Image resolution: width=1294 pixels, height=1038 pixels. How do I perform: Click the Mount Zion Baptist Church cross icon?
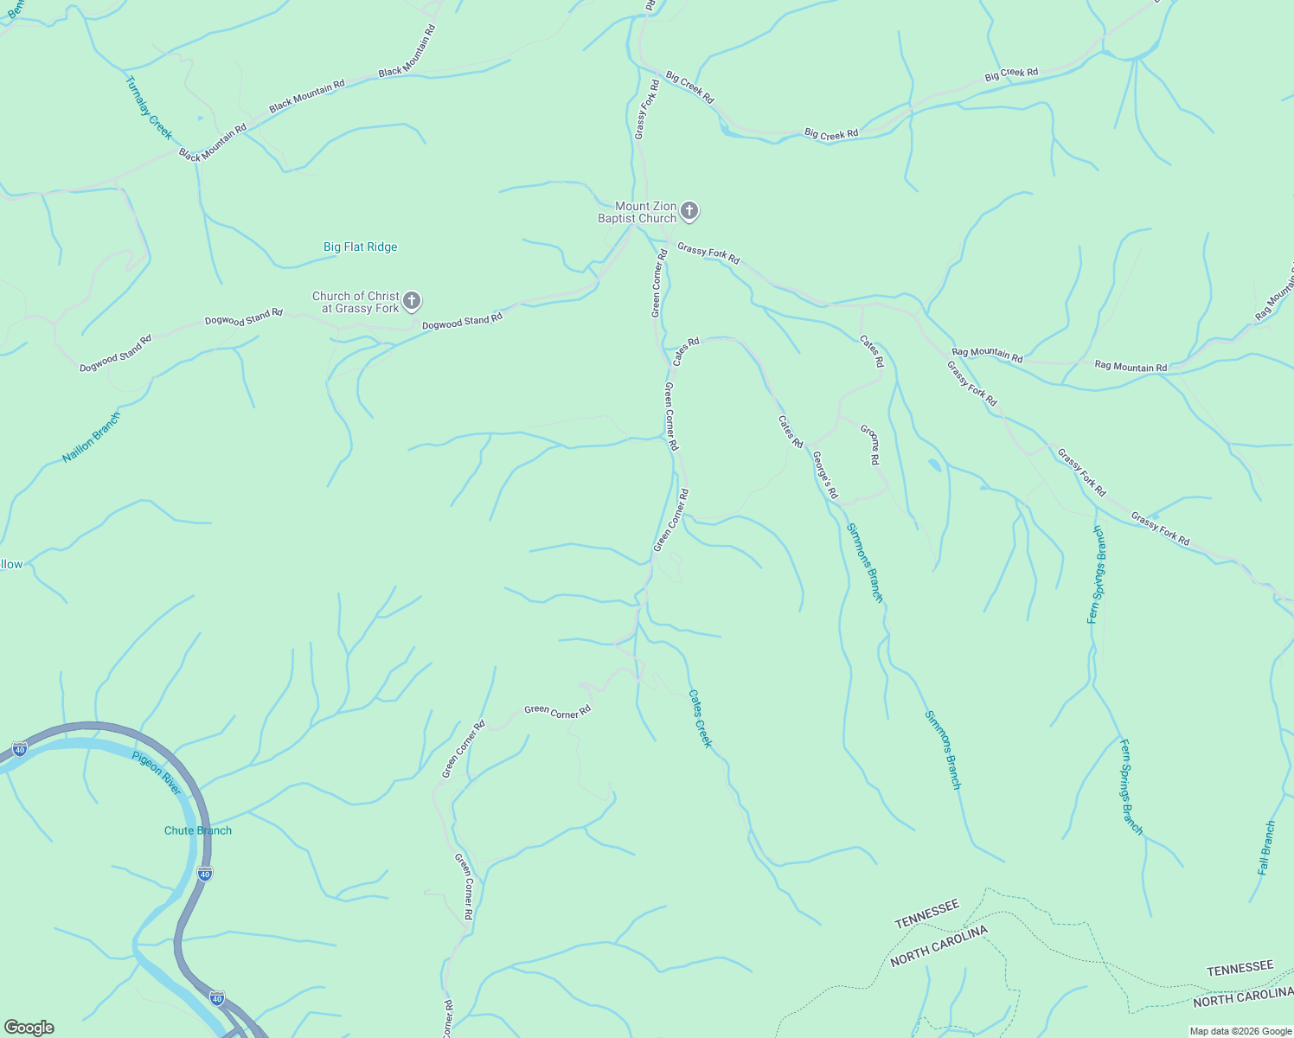click(689, 210)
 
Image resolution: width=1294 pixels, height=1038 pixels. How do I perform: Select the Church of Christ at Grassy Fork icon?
click(413, 301)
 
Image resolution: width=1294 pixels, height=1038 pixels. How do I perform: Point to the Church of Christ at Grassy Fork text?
click(356, 302)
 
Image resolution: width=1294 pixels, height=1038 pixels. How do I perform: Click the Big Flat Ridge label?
click(360, 247)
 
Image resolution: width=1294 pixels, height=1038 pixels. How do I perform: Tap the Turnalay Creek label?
click(149, 108)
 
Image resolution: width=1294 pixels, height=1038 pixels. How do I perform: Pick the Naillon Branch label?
click(92, 438)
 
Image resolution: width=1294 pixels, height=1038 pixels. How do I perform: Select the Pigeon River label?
click(157, 773)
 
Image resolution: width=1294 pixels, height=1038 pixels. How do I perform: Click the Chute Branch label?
click(198, 830)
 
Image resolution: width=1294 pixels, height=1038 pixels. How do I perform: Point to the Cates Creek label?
click(701, 718)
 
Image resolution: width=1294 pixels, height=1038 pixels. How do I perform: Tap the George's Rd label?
click(825, 476)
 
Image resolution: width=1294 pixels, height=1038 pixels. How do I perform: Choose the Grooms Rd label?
click(870, 445)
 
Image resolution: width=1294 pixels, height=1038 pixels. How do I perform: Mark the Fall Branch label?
click(1266, 848)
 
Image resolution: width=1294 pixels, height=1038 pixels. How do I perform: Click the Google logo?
click(29, 1028)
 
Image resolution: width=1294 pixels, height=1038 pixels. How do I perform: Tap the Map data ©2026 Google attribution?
click(1240, 1031)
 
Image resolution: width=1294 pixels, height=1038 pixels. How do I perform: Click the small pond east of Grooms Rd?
click(935, 466)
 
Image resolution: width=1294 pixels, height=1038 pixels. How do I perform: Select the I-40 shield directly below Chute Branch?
click(204, 874)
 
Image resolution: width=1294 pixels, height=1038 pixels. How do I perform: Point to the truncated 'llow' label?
click(11, 564)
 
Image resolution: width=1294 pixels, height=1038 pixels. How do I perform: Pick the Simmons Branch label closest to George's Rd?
click(864, 562)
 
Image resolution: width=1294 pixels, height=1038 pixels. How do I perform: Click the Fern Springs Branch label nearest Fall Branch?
click(1131, 787)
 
